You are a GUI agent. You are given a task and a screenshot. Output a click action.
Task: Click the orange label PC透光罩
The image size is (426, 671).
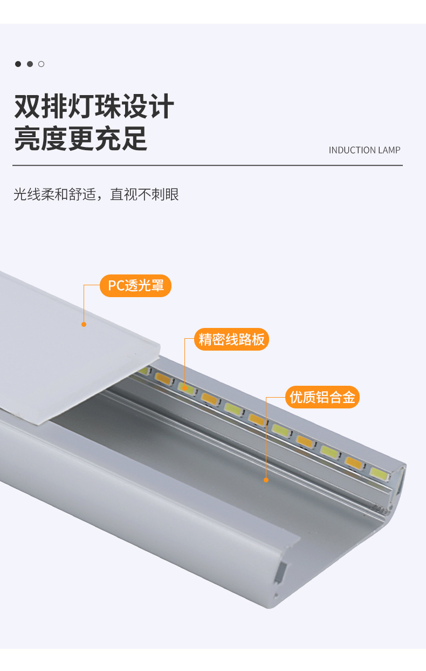coord(135,286)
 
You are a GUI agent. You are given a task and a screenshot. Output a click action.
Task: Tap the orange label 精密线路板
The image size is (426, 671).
coord(231,340)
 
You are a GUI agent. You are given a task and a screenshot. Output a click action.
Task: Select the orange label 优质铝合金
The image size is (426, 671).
coord(322,397)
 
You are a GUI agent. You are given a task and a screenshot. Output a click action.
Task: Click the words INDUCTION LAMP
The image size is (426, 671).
coord(365,150)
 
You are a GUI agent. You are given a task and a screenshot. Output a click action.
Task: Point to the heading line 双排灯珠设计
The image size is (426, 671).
coord(94,106)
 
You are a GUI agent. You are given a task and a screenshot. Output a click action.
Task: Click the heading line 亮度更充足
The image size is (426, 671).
coord(80,138)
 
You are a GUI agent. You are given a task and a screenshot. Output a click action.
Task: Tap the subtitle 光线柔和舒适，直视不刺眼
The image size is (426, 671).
coord(96,194)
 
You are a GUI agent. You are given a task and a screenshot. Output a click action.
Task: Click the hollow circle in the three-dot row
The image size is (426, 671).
coord(42,64)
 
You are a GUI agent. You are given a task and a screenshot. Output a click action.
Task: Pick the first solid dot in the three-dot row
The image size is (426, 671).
coord(18,64)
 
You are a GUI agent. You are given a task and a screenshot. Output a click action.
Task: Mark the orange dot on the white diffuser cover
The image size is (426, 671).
coord(84,324)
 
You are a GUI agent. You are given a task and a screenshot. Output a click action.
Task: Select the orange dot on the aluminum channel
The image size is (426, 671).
coord(266,479)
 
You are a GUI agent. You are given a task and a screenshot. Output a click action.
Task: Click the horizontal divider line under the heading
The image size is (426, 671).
coord(208,165)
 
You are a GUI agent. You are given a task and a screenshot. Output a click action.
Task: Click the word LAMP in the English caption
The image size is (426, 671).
coord(389,150)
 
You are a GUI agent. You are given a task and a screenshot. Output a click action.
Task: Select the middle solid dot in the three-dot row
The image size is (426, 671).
coord(30,64)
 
